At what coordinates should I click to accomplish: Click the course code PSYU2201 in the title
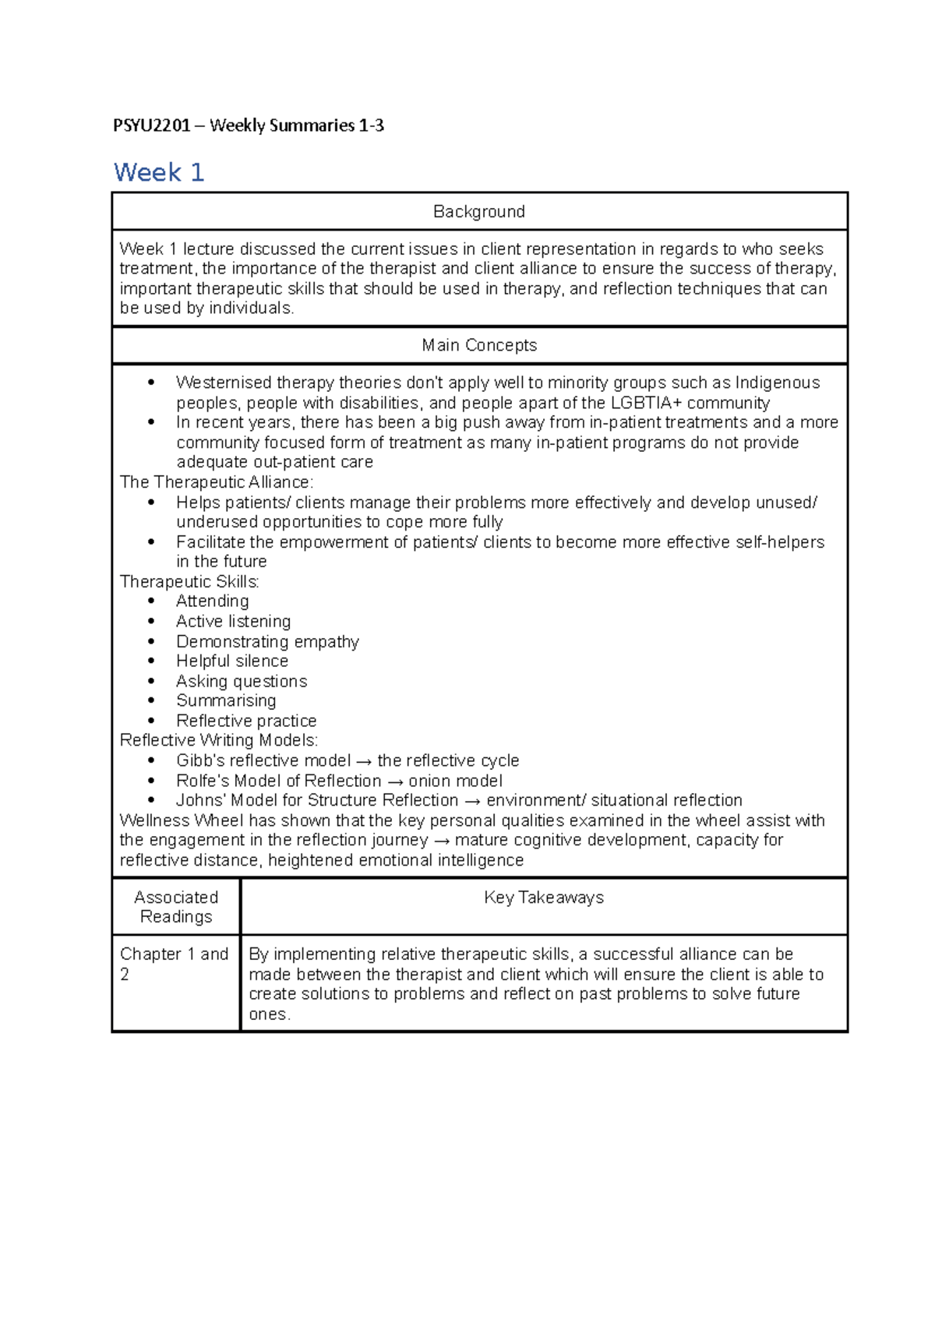151,125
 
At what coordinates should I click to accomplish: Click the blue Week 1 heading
159,172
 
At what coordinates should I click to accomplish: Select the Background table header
479,211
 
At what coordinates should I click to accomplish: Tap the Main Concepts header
479,345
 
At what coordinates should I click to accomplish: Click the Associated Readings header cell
176,907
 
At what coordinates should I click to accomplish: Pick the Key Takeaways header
544,898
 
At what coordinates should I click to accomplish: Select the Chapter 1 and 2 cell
174,963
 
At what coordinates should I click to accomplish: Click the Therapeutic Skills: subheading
189,582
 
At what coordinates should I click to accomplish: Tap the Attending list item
213,602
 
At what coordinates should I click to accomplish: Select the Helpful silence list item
232,661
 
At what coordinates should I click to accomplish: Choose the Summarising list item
226,700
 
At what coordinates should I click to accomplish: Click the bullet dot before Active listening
151,622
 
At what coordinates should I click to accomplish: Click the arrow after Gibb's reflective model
364,761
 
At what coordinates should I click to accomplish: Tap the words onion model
456,781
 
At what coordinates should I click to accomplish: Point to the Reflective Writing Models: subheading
219,740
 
